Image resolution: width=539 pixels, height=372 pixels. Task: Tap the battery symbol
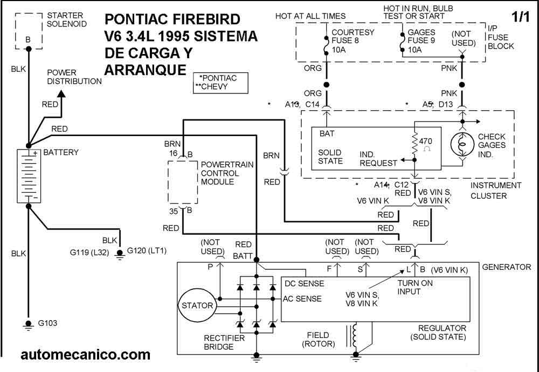coord(29,175)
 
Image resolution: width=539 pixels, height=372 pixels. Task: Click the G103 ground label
coord(47,323)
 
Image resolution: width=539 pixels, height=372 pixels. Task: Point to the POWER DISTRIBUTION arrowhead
coord(61,94)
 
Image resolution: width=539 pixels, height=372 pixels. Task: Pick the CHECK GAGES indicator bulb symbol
coord(462,145)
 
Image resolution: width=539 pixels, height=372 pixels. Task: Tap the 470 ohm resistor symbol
coord(414,143)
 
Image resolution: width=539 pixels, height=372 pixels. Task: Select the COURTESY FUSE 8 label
coord(353,40)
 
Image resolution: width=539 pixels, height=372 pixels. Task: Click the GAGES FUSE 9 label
coord(421,40)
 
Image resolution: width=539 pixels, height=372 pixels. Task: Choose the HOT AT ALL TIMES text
coord(310,16)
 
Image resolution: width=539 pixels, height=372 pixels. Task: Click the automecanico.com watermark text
coord(86,355)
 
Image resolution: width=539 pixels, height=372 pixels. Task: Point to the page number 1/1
coord(521,17)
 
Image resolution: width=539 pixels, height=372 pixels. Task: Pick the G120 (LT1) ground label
coord(147,251)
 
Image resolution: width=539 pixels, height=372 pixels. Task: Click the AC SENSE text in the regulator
coord(302,299)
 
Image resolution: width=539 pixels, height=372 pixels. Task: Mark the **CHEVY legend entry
coord(211,86)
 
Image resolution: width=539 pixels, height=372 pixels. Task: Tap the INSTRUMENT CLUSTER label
coord(496,191)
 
